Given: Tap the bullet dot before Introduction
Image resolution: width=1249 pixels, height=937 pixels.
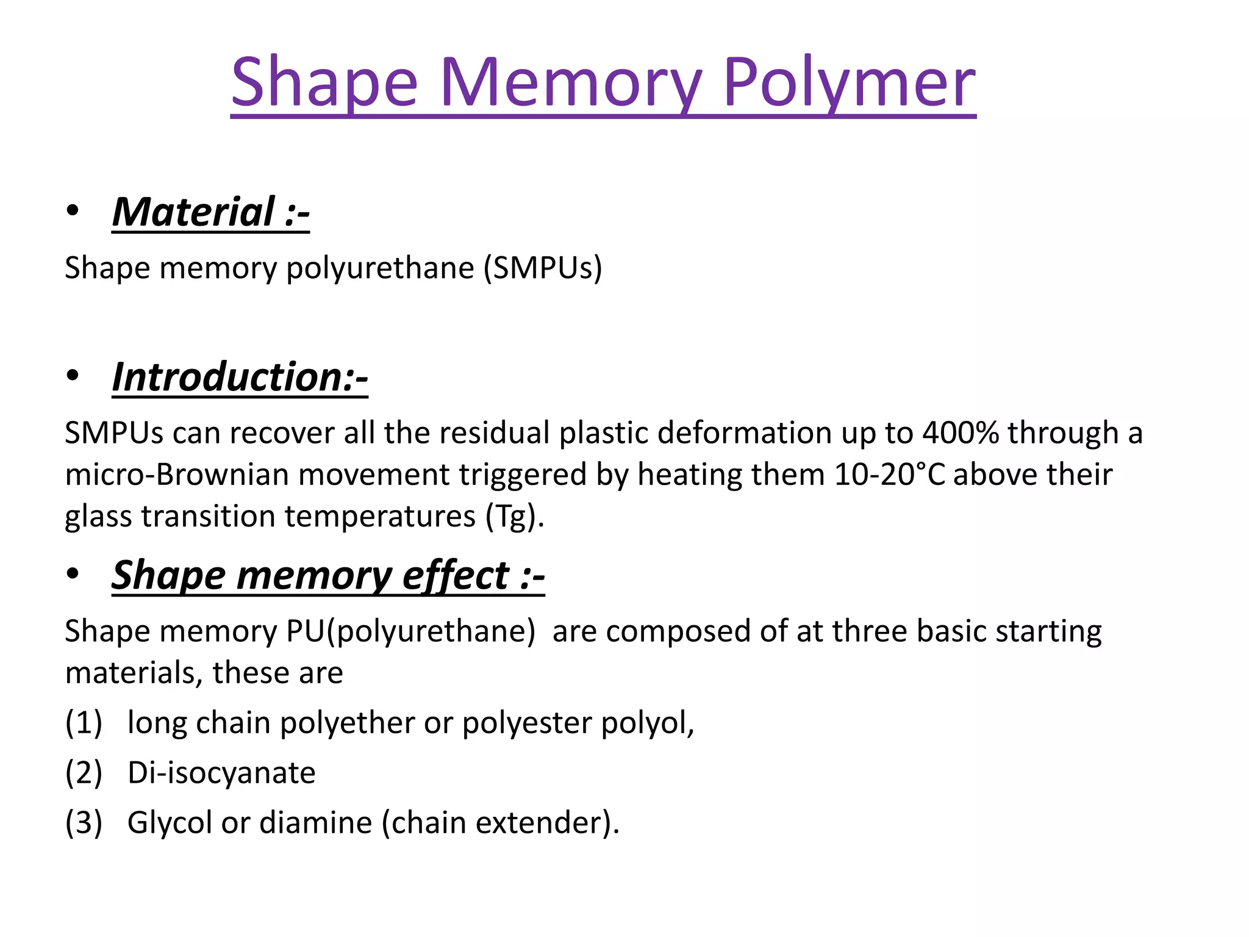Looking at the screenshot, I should point(73,376).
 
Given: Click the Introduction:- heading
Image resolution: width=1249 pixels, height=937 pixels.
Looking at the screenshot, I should point(240,376).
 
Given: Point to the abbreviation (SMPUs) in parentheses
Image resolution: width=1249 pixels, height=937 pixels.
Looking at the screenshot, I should point(543,268).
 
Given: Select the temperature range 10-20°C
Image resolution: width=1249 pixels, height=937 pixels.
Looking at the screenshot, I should point(889,474).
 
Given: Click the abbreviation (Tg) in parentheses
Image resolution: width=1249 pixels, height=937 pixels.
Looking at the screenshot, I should point(514,516).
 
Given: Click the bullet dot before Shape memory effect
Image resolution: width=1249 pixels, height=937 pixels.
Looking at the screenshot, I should point(73,574).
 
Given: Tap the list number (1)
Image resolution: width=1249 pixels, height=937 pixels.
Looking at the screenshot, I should point(84,723).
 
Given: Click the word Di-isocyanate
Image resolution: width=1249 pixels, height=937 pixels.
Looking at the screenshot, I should point(221,773).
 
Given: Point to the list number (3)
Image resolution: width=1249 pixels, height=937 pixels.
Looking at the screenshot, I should point(84,822).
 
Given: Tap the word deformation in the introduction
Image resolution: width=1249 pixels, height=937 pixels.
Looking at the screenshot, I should point(745,433).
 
